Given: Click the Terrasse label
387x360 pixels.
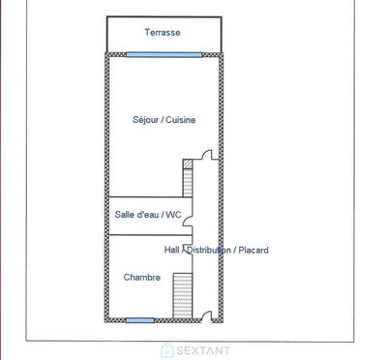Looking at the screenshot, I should pyautogui.click(x=163, y=33).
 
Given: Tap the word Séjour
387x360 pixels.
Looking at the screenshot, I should pyautogui.click(x=147, y=120).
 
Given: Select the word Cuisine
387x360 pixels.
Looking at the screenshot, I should pyautogui.click(x=182, y=120).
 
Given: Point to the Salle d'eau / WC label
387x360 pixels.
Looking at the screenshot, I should pyautogui.click(x=148, y=214).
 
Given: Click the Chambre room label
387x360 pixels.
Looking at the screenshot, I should pyautogui.click(x=142, y=278).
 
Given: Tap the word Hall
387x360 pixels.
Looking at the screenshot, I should pyautogui.click(x=172, y=250).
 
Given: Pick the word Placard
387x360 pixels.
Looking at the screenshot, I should pyautogui.click(x=253, y=250).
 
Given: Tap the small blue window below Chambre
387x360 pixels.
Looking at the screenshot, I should pyautogui.click(x=140, y=319).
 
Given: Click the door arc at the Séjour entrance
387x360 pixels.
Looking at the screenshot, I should pyautogui.click(x=204, y=157).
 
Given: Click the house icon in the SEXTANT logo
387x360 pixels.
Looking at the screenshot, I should pyautogui.click(x=166, y=348).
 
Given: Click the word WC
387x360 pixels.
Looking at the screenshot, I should pyautogui.click(x=174, y=214).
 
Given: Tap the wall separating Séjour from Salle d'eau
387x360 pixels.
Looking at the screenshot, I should pyautogui.click(x=145, y=195).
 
